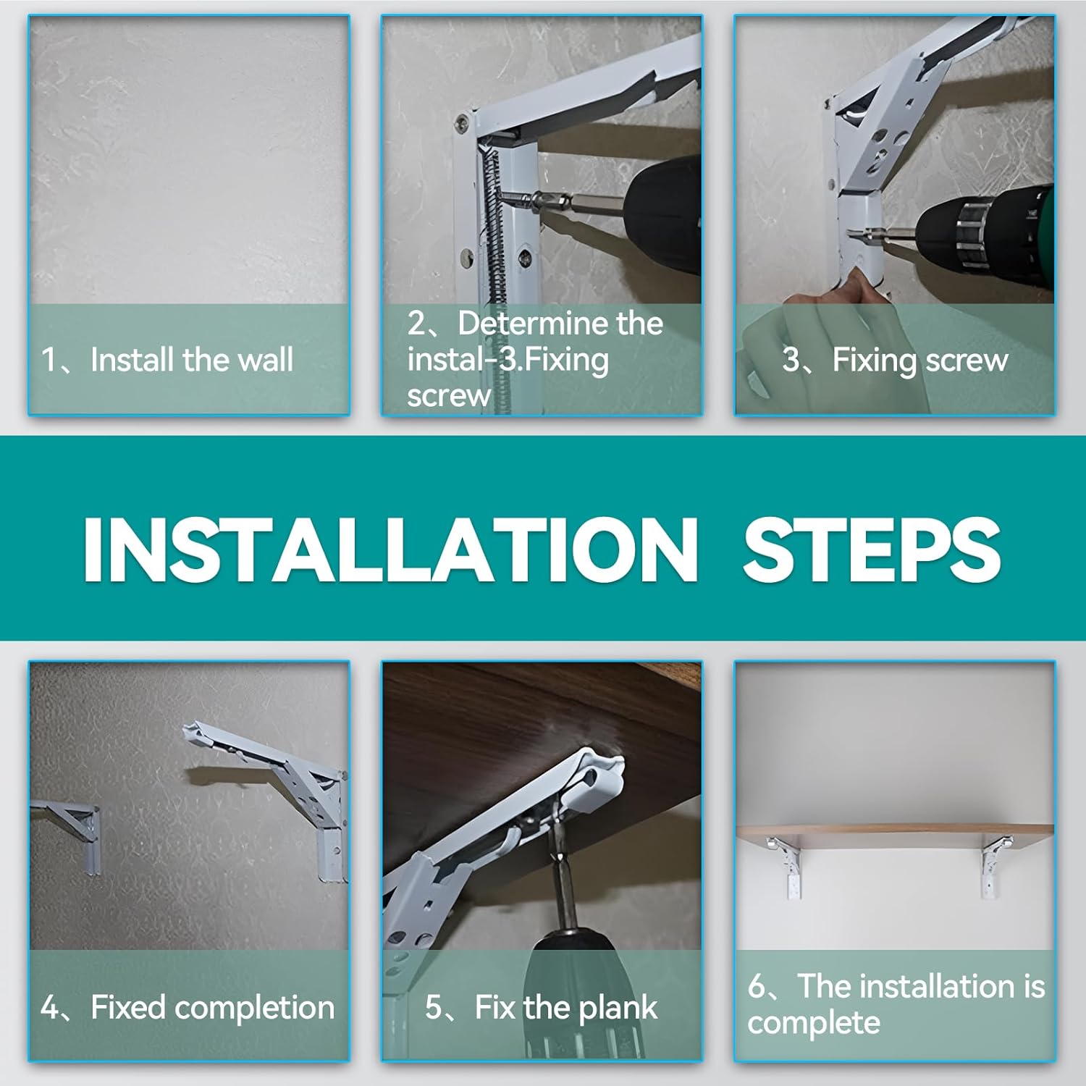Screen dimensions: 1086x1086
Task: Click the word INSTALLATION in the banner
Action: coord(391,550)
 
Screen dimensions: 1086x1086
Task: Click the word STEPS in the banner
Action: coord(872,550)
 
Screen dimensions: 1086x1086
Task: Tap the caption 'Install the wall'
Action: coord(192,360)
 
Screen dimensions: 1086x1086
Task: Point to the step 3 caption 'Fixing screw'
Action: coord(920,361)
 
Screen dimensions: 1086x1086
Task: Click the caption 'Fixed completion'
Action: coord(213,1007)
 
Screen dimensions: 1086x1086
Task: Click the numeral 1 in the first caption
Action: coord(48,360)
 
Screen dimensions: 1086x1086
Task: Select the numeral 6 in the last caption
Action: coord(757,987)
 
